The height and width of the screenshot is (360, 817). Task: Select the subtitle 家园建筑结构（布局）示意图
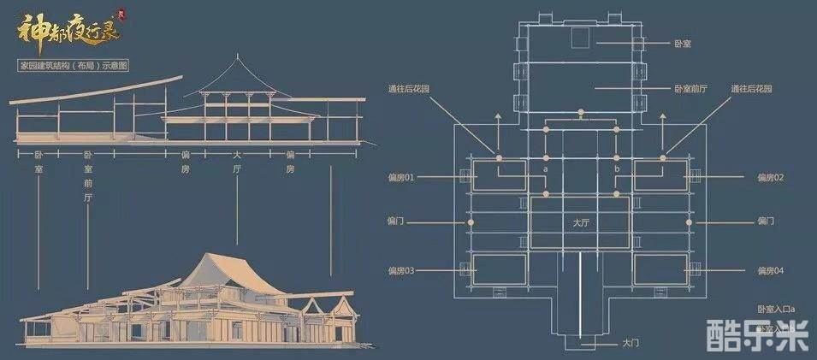coord(74,66)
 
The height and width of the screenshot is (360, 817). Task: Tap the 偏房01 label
coord(400,178)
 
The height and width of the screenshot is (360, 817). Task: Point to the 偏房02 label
coord(770,178)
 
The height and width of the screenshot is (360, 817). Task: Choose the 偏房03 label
coord(400,271)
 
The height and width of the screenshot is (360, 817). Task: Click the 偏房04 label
coord(770,271)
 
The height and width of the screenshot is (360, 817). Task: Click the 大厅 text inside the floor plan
coord(582,222)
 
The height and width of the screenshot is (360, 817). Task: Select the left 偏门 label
coord(395,221)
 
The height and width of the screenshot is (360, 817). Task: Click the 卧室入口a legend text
coord(776,309)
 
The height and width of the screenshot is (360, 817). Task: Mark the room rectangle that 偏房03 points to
coord(500,268)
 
